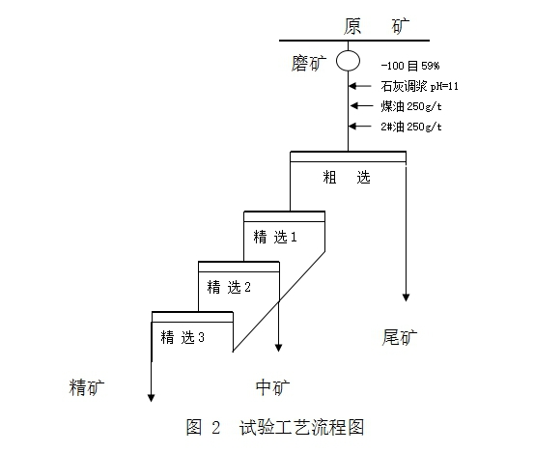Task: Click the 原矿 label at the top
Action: click(377, 27)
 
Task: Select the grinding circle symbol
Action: click(348, 51)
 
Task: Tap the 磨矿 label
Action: click(309, 64)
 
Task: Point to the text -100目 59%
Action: click(410, 66)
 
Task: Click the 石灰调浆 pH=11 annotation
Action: click(419, 86)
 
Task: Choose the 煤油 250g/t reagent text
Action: click(411, 106)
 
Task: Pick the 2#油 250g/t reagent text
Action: click(411, 127)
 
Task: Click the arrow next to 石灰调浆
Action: click(360, 86)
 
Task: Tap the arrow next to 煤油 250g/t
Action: click(361, 106)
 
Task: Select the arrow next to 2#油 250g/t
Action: click(360, 127)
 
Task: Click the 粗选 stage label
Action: click(347, 177)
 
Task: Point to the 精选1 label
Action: click(275, 237)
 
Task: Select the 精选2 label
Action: click(229, 287)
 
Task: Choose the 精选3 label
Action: click(183, 337)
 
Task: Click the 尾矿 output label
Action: click(400, 337)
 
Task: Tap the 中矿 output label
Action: click(272, 387)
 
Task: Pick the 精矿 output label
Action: click(87, 387)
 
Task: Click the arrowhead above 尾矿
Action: click(406, 297)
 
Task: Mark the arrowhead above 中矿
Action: click(278, 348)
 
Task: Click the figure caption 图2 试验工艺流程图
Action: click(275, 427)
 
